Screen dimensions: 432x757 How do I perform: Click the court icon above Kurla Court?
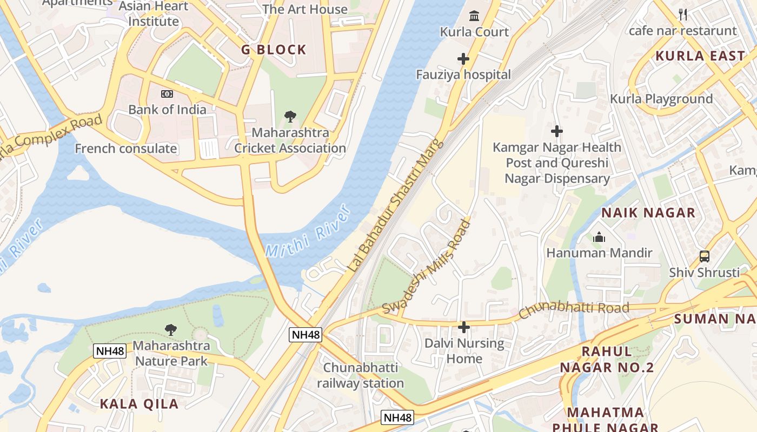pos(474,16)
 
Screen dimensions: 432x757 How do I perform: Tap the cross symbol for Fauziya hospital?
pos(463,58)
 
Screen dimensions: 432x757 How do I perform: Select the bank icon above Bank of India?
pos(167,94)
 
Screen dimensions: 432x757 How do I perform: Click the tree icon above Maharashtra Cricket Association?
pos(290,116)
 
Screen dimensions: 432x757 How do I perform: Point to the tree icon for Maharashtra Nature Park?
pos(171,329)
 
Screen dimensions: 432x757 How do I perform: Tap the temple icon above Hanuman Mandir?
pos(599,237)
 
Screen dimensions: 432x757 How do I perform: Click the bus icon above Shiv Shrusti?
pos(704,256)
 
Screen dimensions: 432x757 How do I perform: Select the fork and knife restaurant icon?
pos(683,15)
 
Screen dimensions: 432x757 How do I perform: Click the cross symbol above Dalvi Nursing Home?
pos(463,327)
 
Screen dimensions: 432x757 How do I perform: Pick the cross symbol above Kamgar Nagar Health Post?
pos(557,131)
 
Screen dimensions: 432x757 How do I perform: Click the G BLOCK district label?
pos(274,50)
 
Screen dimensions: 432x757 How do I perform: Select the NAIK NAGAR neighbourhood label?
pos(648,213)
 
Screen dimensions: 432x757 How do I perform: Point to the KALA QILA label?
pos(139,404)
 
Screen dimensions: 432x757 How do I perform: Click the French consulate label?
pos(126,148)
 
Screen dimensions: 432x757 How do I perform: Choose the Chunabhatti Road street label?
pos(574,310)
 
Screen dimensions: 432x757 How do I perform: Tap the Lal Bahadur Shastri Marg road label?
pos(395,206)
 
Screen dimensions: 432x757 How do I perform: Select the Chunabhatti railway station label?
pos(360,375)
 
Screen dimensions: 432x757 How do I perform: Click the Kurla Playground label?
pos(661,99)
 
